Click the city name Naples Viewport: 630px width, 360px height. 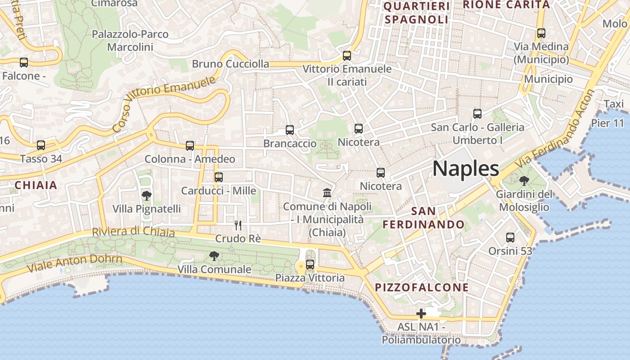466,169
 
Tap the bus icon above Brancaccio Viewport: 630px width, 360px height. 290,130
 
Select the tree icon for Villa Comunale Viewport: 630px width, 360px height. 214,256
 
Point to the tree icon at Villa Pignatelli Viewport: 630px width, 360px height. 146,195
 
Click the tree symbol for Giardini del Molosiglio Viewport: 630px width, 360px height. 524,181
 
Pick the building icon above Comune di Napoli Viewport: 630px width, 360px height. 327,193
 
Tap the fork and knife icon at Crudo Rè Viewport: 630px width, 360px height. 238,225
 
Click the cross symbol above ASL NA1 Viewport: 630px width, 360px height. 421,314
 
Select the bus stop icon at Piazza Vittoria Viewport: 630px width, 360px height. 310,265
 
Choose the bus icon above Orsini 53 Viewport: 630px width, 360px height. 510,238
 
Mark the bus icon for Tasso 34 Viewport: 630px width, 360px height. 41,145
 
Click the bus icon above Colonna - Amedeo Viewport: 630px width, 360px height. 190,146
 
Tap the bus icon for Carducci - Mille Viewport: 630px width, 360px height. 219,177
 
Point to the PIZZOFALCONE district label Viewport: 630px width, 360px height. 422,287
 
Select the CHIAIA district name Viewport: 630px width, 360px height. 36,185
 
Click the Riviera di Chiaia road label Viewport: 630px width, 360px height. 133,232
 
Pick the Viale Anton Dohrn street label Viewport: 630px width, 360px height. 75,263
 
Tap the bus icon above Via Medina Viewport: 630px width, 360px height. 541,33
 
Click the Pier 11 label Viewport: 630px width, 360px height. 607,123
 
